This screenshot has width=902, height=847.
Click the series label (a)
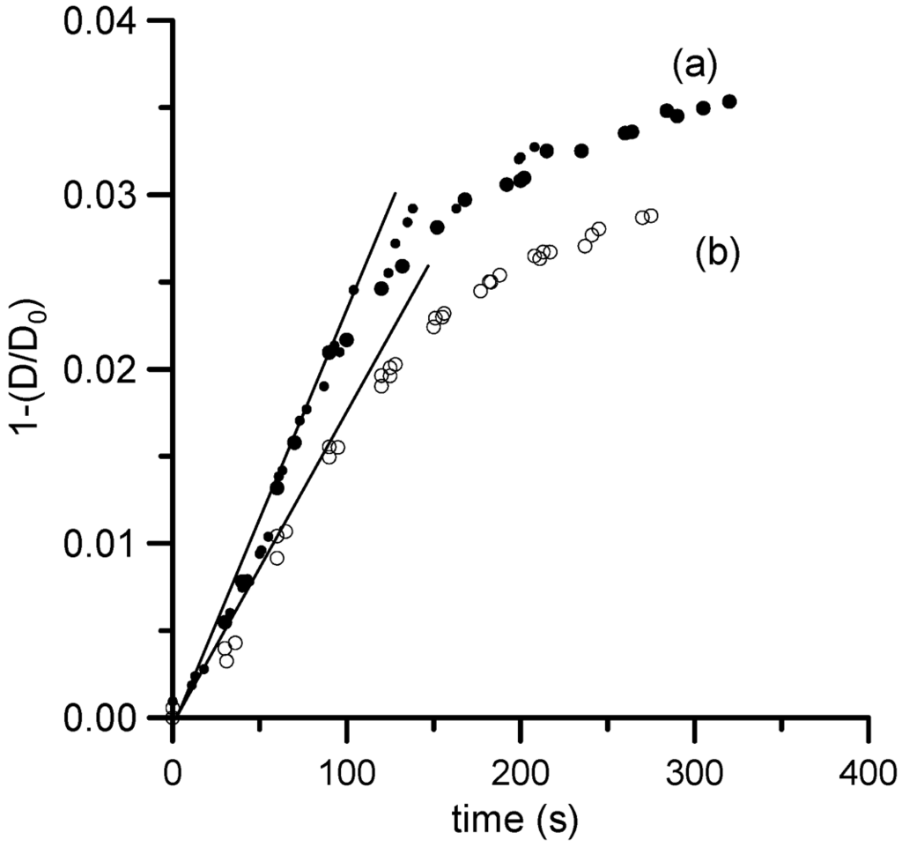pyautogui.click(x=696, y=66)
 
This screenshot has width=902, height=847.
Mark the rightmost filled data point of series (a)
pyautogui.click(x=729, y=101)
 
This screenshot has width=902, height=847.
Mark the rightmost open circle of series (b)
pyautogui.click(x=651, y=216)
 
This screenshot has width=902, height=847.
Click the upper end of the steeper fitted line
pyautogui.click(x=395, y=192)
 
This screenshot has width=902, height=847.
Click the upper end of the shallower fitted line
pyautogui.click(x=428, y=264)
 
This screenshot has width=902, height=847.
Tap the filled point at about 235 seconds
pyautogui.click(x=581, y=151)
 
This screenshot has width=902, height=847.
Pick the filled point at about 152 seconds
pyautogui.click(x=437, y=227)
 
